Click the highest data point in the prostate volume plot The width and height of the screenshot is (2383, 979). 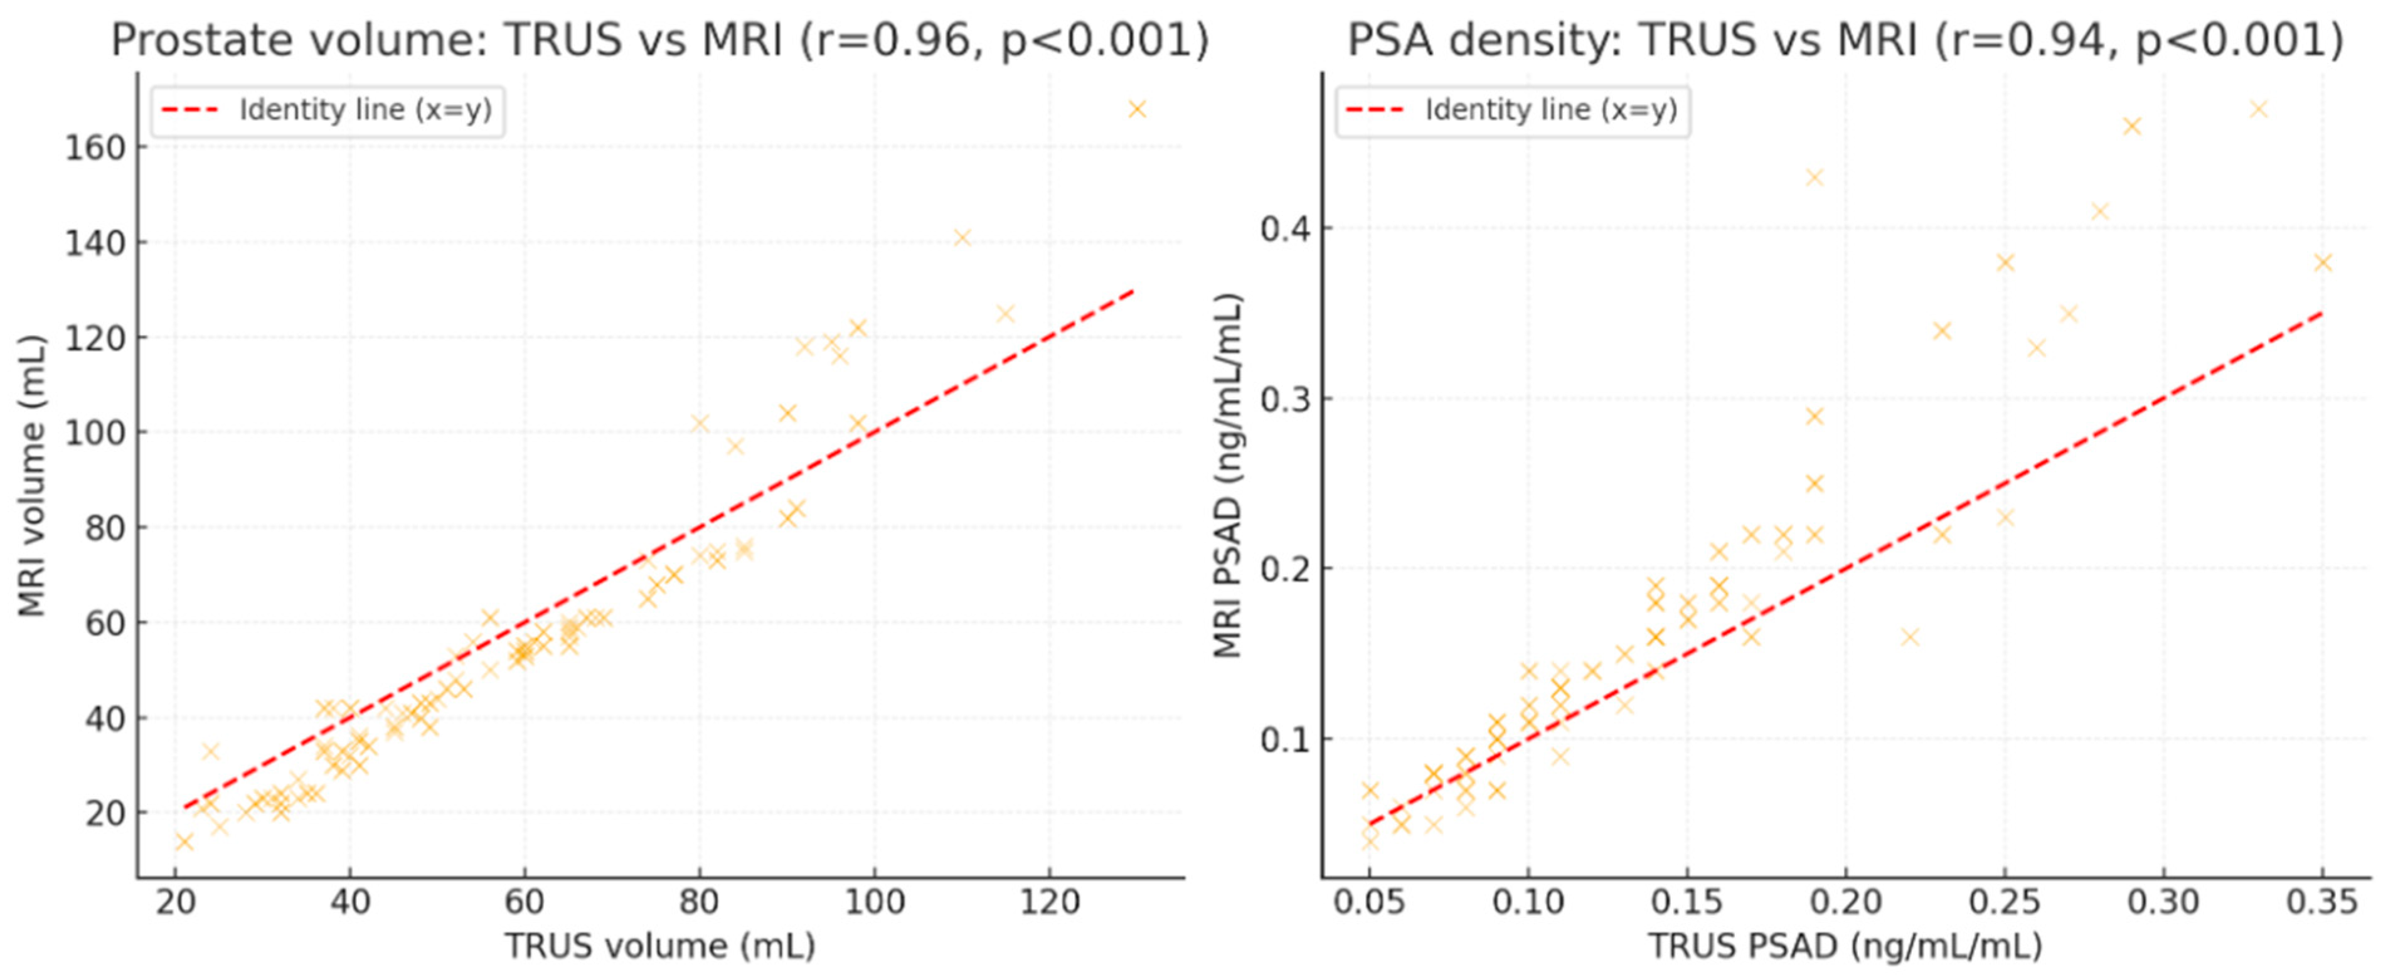point(1137,109)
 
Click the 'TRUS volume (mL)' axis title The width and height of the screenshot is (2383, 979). point(659,946)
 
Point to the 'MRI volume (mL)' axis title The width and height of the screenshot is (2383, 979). point(33,476)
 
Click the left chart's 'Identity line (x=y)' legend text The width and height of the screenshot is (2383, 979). point(365,110)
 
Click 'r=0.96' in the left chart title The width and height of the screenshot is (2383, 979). point(886,41)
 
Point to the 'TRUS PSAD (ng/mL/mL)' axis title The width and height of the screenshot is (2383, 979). point(1845,946)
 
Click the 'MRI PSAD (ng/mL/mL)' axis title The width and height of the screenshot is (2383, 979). point(1228,476)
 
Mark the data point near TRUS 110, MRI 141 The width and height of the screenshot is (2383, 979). point(962,238)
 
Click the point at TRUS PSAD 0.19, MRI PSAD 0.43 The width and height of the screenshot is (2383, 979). point(1814,177)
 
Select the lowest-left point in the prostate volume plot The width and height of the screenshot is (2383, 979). point(184,841)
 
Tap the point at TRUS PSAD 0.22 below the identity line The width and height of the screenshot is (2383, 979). point(1909,636)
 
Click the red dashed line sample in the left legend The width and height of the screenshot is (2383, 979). point(189,110)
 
